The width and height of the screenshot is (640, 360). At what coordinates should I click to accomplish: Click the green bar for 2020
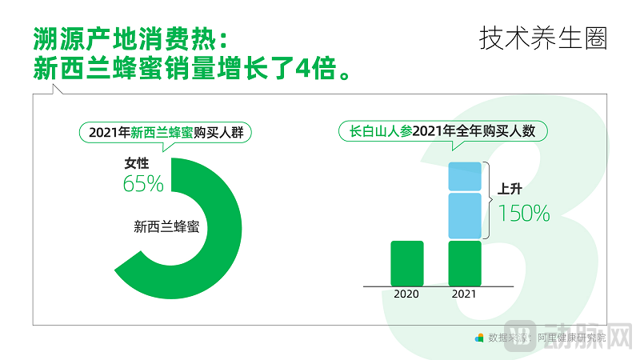pyautogui.click(x=406, y=262)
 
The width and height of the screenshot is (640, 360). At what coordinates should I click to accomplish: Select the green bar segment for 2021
pyautogui.click(x=465, y=262)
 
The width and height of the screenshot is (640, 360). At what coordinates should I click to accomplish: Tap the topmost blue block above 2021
pyautogui.click(x=465, y=176)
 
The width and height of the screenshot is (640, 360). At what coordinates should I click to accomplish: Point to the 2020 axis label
pyautogui.click(x=406, y=294)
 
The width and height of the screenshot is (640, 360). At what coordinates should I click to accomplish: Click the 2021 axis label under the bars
pyautogui.click(x=464, y=294)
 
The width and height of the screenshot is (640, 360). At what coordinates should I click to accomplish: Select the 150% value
pyautogui.click(x=524, y=214)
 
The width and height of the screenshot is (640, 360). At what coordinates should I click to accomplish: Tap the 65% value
pyautogui.click(x=143, y=184)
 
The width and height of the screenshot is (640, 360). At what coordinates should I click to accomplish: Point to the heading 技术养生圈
pyautogui.click(x=543, y=38)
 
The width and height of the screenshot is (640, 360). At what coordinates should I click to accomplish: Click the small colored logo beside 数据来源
pyautogui.click(x=479, y=338)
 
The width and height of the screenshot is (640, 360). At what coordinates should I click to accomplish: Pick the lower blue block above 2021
pyautogui.click(x=465, y=215)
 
